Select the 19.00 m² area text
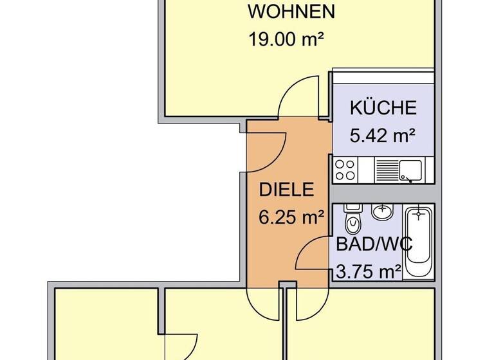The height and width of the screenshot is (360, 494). click(286, 39)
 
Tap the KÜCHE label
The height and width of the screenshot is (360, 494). click(383, 108)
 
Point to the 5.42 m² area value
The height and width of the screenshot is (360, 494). click(381, 135)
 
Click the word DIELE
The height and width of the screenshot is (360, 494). click(286, 190)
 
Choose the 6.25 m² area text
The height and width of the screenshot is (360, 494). click(291, 217)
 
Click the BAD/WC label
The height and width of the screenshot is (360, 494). click(374, 245)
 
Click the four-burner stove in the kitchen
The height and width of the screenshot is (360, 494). click(345, 170)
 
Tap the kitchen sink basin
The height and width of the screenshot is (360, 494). click(408, 170)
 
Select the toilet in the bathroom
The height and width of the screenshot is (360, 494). click(352, 224)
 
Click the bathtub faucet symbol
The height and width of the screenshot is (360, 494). click(419, 212)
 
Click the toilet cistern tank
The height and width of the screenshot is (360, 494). click(352, 208)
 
